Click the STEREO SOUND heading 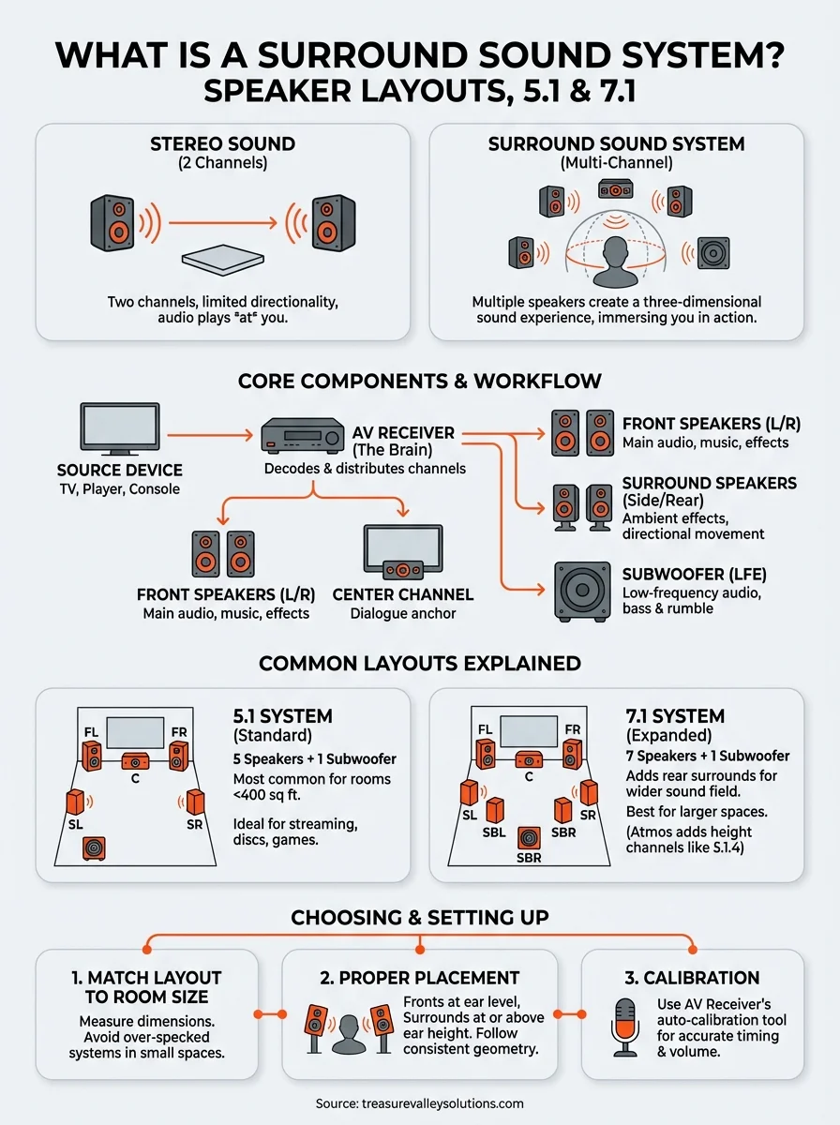tap(222, 144)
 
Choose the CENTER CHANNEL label tap(402, 594)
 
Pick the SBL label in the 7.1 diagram tap(495, 832)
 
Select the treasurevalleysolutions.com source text tap(419, 1103)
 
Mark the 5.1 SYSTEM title tap(282, 717)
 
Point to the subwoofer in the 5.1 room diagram tap(94, 847)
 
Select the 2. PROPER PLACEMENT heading tap(419, 978)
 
